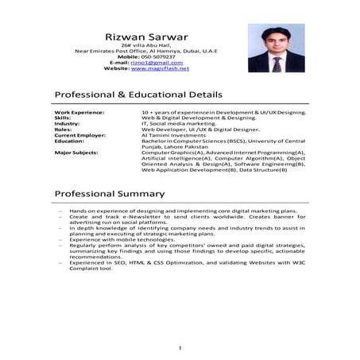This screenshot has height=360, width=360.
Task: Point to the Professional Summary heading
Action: click(x=110, y=193)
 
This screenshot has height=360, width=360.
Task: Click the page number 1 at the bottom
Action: click(x=180, y=347)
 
